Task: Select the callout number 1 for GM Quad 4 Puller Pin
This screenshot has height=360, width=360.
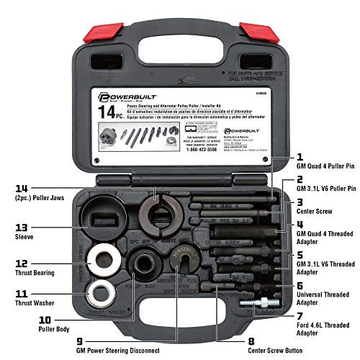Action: tap(299, 154)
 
